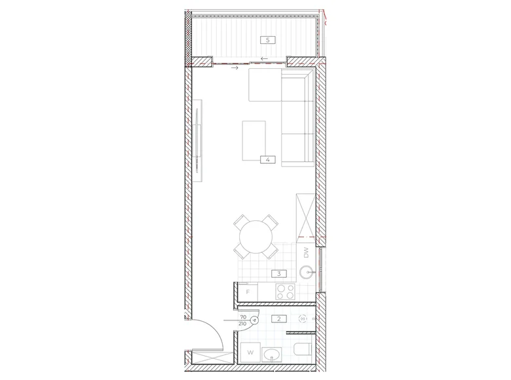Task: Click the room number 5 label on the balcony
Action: [267, 40]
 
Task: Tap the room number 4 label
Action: [267, 160]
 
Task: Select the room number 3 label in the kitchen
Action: [279, 274]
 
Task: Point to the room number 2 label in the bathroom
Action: [279, 319]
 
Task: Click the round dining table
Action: [255, 237]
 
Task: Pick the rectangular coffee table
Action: [254, 141]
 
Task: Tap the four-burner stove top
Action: [286, 292]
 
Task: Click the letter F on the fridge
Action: [248, 292]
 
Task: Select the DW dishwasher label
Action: [306, 253]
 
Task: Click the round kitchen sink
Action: [307, 272]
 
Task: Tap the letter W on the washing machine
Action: [250, 352]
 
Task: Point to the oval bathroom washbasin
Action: [272, 355]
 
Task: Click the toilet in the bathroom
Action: [303, 350]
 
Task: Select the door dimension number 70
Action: [243, 317]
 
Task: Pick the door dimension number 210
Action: [242, 324]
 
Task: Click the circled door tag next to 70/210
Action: [254, 320]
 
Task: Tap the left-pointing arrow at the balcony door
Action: [264, 59]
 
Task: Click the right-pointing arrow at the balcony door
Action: [235, 67]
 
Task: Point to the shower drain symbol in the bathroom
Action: [303, 318]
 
